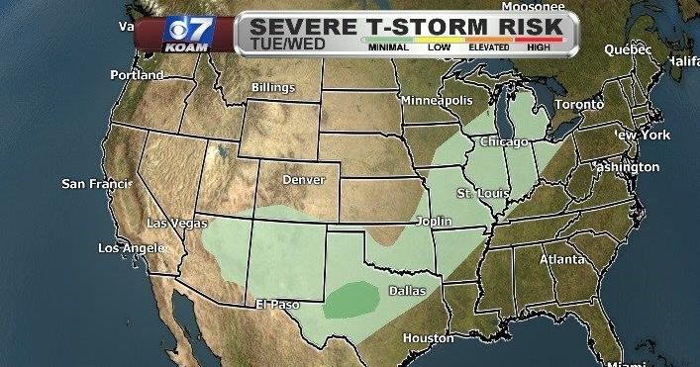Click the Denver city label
point(303,180)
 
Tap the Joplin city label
point(437,222)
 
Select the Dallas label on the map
point(406,291)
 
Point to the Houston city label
point(427,337)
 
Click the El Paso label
point(278,305)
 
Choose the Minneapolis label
point(437,101)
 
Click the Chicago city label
point(505,142)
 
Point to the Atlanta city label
point(561,260)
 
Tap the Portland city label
point(138,75)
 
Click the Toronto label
point(578,104)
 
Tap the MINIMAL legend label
point(386,47)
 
